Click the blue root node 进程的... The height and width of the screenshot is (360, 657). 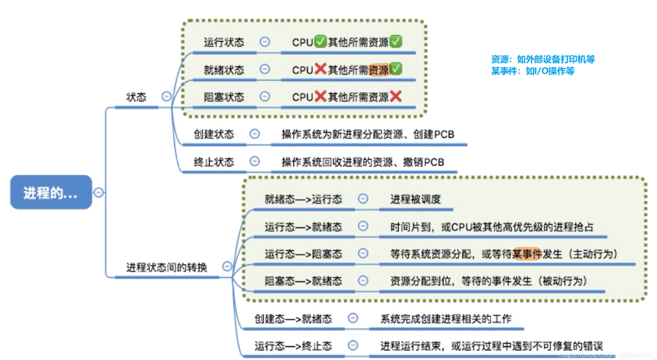pos(51,193)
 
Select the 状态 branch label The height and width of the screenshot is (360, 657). pos(136,97)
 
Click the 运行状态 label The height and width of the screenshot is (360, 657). pos(224,42)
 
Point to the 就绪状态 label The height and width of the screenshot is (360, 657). pos(224,69)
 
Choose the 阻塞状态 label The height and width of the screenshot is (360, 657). pos(224,97)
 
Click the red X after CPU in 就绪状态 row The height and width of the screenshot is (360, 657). pos(320,69)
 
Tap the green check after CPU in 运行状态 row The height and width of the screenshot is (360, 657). pos(320,42)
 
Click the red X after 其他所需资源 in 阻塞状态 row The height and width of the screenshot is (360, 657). pos(395,97)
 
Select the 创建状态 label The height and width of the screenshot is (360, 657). pos(214,134)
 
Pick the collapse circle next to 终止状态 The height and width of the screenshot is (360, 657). pos(255,161)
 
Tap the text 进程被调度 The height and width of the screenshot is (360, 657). pos(415,199)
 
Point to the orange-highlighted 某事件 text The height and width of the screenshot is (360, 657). pos(527,254)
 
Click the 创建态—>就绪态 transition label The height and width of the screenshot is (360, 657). pos(293,319)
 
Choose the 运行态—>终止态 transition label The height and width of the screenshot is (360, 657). pos(293,346)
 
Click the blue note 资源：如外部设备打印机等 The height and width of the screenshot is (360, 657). pos(543,59)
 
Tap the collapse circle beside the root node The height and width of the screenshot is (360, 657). pos(99,192)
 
